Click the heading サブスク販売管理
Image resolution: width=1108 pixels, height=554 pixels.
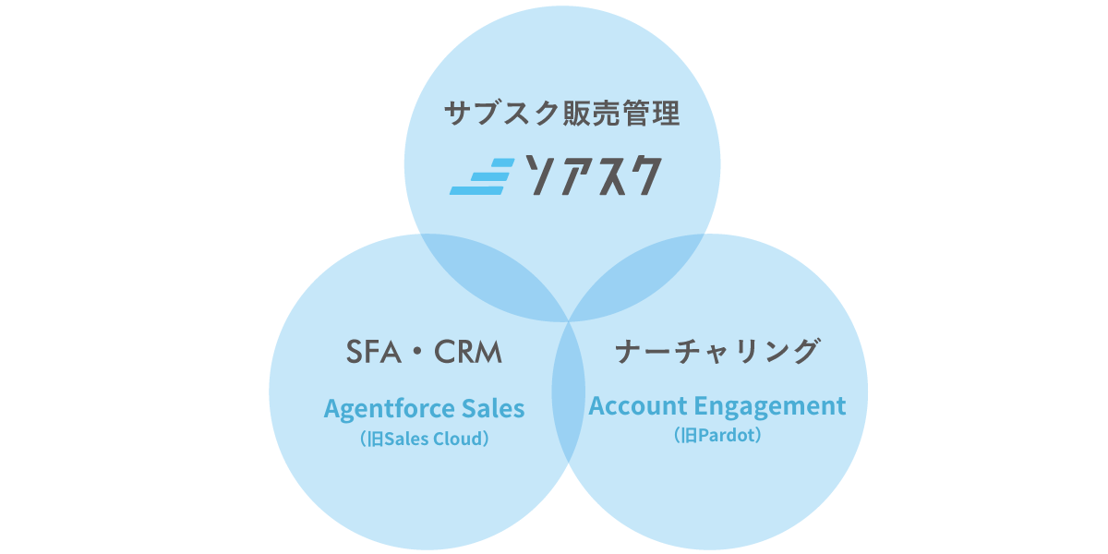tap(562, 114)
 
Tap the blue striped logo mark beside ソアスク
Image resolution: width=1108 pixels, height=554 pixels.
tap(482, 176)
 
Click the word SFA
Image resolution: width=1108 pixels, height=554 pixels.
tap(373, 352)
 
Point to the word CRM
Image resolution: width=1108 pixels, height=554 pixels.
tap(468, 352)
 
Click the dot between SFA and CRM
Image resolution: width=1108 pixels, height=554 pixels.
tap(417, 352)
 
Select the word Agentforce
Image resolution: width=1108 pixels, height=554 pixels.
tap(390, 409)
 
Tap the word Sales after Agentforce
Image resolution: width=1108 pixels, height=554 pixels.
tap(493, 408)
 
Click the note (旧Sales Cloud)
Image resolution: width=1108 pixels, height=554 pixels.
tap(425, 439)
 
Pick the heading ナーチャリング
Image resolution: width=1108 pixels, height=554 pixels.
tap(717, 351)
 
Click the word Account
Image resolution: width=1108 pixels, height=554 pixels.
tap(638, 406)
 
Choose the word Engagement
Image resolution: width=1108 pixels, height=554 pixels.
tap(770, 407)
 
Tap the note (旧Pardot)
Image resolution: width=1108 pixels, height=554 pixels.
tap(717, 435)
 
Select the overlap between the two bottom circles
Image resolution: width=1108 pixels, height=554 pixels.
tap(569, 391)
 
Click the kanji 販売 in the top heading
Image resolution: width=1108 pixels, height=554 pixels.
tap(592, 114)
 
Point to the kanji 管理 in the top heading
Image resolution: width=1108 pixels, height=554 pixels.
tap(652, 114)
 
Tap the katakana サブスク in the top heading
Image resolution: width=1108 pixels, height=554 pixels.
tap(502, 114)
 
